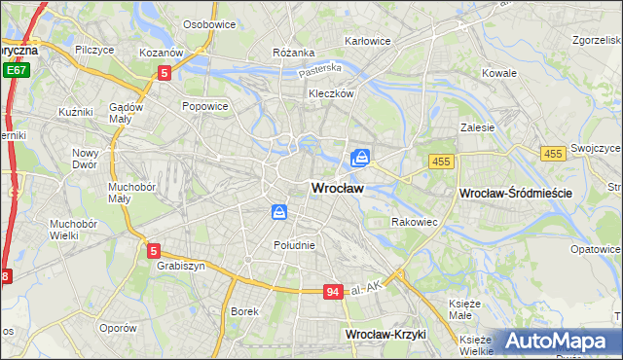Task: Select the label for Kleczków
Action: (x=330, y=94)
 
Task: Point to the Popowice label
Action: (x=204, y=105)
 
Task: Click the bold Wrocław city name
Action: (x=338, y=190)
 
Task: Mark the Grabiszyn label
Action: (x=178, y=265)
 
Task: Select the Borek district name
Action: (x=243, y=311)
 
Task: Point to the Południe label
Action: (x=294, y=245)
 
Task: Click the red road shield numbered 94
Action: (x=333, y=292)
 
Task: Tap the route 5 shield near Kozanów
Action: (x=165, y=72)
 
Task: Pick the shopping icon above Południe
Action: (x=279, y=211)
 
